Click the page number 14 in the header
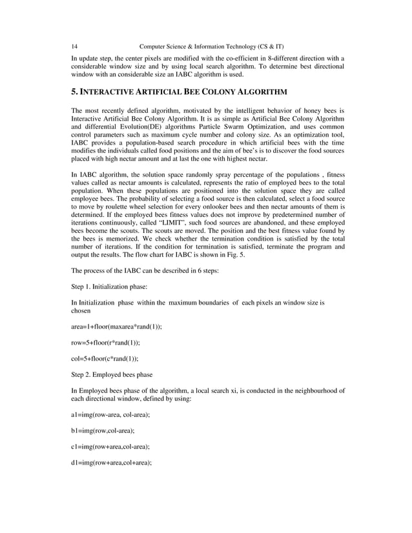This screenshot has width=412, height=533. (x=74, y=46)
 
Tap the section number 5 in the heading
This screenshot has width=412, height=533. (x=73, y=92)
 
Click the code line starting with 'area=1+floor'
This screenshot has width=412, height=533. (x=116, y=327)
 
